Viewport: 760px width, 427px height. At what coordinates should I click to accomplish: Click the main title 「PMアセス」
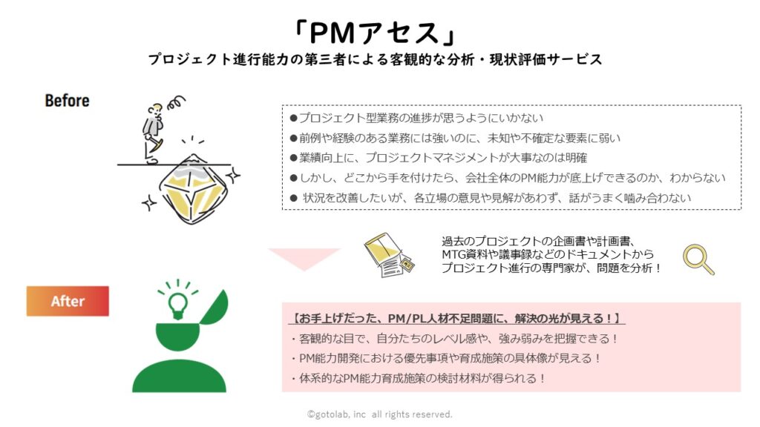374,33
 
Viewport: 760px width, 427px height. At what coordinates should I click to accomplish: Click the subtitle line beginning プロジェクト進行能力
375,59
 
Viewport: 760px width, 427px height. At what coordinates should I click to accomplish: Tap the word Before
68,100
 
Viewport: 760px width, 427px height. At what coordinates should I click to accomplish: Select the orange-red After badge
68,301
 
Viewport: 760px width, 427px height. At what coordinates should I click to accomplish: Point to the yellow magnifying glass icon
698,259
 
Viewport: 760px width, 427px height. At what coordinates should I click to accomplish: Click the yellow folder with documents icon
389,255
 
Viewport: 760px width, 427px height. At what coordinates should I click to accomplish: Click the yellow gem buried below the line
193,189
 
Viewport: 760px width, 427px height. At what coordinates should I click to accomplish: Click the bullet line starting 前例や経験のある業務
455,138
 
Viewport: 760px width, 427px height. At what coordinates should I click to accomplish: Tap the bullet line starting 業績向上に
439,158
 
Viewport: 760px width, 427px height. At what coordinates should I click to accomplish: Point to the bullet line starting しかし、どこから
508,178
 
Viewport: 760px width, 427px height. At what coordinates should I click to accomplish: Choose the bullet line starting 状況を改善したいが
491,197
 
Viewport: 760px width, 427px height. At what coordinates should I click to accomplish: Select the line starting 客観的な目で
454,338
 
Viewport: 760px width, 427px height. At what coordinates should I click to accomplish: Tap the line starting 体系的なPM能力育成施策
418,378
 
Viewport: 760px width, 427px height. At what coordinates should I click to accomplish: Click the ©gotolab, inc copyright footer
379,414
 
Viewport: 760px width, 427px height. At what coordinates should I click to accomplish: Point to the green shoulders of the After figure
180,376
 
